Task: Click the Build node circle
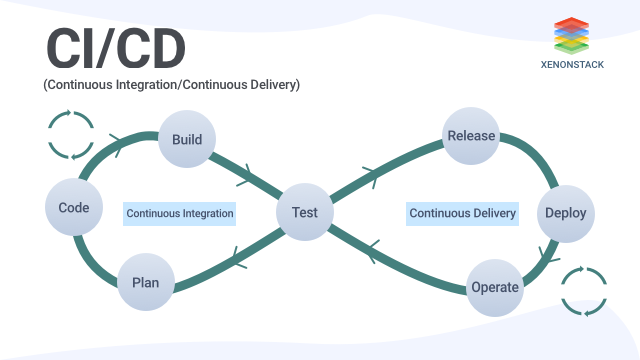click(x=187, y=138)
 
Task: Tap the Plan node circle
click(x=145, y=281)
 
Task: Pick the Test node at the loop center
click(x=304, y=212)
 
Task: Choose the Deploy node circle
click(x=565, y=213)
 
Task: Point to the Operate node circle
click(x=494, y=287)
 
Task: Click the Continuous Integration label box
click(x=180, y=213)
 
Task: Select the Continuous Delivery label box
click(x=463, y=213)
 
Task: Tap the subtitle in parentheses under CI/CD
click(x=171, y=86)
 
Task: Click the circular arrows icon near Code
click(x=71, y=136)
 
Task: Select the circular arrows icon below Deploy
click(x=584, y=291)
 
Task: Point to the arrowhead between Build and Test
click(x=243, y=180)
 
